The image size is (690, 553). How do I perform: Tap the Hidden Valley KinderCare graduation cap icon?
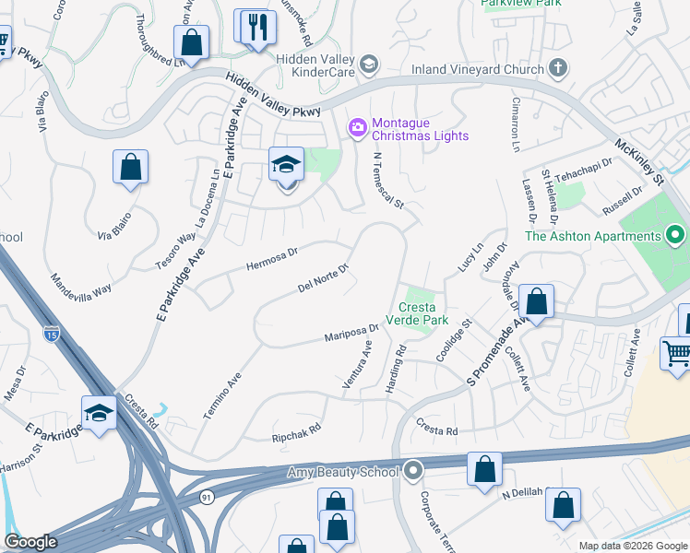click(369, 64)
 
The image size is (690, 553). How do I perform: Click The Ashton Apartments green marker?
click(674, 236)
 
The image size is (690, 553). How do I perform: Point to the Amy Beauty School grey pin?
click(412, 471)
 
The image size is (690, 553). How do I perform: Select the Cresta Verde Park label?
click(429, 314)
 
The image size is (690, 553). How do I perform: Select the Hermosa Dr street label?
click(272, 258)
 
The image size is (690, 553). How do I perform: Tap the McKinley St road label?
click(639, 159)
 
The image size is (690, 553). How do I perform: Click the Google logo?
click(30, 542)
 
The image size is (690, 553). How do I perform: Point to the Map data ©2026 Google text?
click(633, 546)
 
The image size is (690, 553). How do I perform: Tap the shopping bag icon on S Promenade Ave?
click(535, 301)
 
